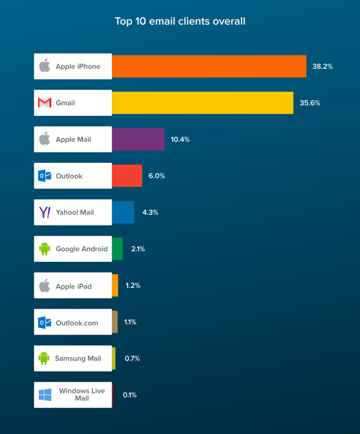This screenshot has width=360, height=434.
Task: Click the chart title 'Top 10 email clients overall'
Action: [180, 21]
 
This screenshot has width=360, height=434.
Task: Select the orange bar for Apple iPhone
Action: [209, 67]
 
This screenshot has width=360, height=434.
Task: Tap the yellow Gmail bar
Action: [203, 103]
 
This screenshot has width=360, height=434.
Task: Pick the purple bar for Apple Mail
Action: [138, 139]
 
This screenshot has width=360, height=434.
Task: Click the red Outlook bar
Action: [127, 176]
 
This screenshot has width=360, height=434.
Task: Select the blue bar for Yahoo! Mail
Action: [123, 212]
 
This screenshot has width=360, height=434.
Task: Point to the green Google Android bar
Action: [117, 249]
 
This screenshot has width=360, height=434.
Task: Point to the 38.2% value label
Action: [322, 67]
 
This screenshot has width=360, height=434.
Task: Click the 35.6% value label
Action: [310, 103]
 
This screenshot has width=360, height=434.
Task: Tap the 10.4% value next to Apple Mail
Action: [180, 139]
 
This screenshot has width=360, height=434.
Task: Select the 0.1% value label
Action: [130, 395]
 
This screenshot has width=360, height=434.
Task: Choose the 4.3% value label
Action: [150, 212]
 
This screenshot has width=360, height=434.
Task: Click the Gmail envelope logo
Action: [45, 103]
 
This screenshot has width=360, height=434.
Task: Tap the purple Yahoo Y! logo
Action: [45, 212]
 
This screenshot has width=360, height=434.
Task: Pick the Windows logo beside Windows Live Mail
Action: [45, 395]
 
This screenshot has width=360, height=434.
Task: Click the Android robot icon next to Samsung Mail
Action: [44, 359]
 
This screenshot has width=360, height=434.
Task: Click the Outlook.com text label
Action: [77, 323]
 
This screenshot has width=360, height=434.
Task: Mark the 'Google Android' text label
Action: [81, 249]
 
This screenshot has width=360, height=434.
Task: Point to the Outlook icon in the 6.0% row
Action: [45, 176]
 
